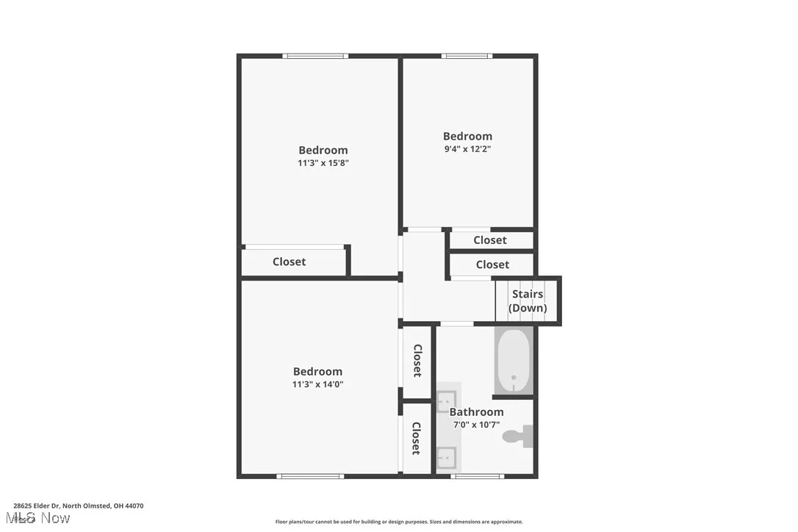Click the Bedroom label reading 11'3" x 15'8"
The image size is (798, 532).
(323, 151)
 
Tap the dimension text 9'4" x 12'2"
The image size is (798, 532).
(467, 149)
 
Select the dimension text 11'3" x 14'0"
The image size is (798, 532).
(317, 384)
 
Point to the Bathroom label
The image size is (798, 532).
(476, 412)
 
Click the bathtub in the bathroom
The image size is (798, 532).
(513, 362)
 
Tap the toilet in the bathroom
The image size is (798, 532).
(518, 436)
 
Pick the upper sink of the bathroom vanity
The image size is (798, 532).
(447, 400)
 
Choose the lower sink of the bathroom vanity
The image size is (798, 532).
(447, 458)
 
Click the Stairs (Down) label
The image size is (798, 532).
(528, 301)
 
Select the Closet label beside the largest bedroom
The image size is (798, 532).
(289, 262)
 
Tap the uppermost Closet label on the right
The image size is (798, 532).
(490, 240)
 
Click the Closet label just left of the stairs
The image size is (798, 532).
(492, 265)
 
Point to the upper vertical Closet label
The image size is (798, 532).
(417, 361)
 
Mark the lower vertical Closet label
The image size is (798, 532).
(416, 438)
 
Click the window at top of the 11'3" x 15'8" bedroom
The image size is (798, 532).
(316, 56)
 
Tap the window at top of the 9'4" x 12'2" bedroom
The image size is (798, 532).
(467, 56)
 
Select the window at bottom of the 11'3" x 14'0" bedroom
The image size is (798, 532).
(310, 476)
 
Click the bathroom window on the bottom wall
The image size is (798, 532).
(472, 476)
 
